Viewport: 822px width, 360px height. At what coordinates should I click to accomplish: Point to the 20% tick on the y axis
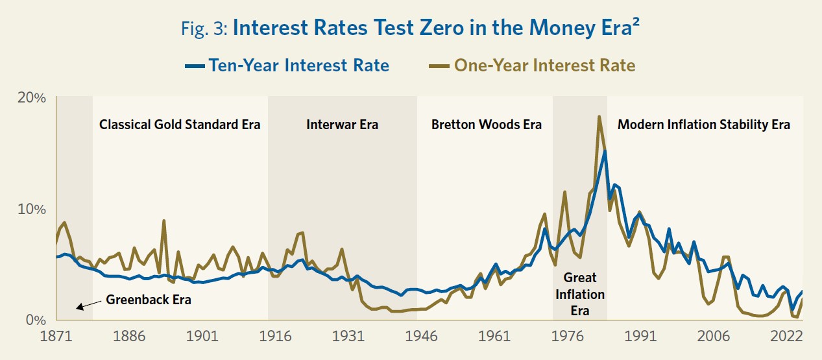(32, 98)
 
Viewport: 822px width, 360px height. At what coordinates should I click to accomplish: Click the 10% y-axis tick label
(32, 209)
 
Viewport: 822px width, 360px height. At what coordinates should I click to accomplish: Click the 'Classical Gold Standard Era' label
(180, 125)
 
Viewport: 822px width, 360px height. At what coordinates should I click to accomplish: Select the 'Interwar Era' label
(342, 125)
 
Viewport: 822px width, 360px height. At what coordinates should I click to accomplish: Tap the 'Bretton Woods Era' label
(487, 125)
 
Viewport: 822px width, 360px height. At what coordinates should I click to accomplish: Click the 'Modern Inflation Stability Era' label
(704, 125)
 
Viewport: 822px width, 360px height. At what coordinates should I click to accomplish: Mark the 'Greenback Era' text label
(150, 300)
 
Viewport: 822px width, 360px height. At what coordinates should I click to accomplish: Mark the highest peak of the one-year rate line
(599, 117)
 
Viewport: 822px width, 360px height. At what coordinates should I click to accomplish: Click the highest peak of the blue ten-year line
(605, 151)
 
